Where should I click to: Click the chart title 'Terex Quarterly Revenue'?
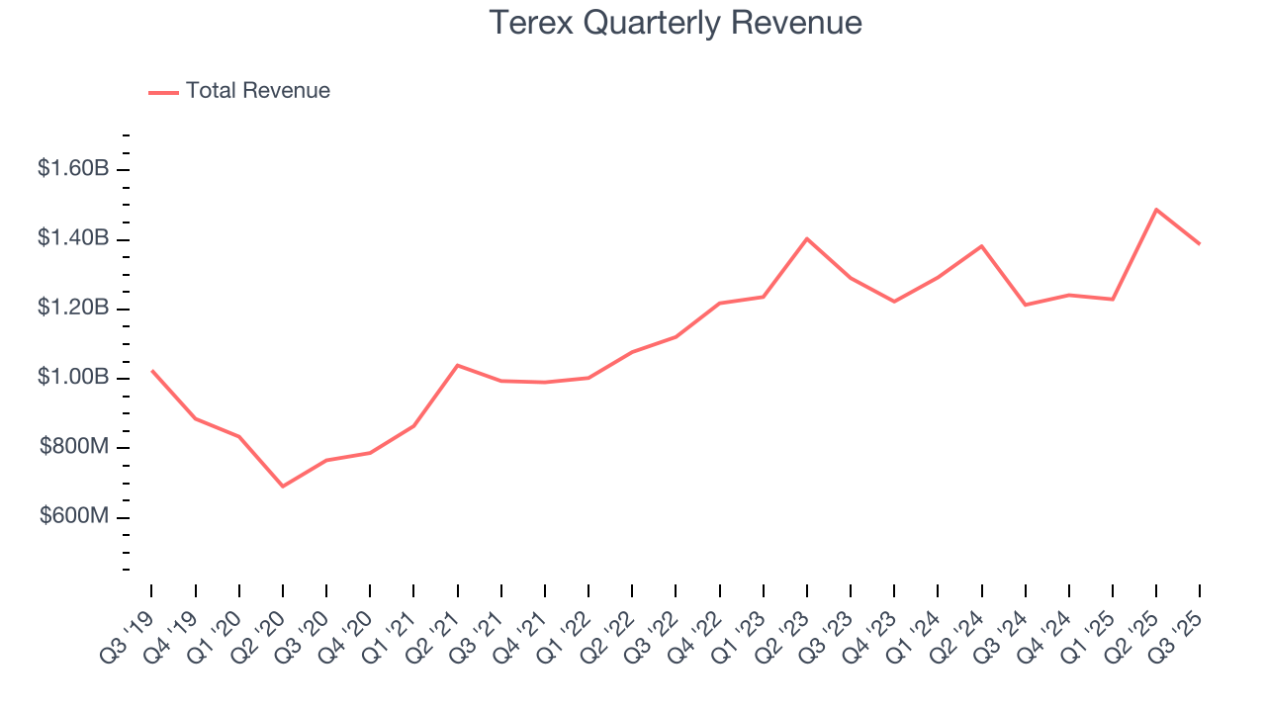[x=677, y=23]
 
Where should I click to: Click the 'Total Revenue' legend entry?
[x=239, y=91]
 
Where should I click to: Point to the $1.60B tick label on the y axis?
[x=73, y=169]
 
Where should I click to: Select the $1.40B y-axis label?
[x=73, y=238]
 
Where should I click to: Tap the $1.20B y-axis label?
[x=73, y=308]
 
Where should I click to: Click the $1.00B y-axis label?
[x=73, y=378]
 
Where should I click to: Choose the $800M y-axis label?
[x=74, y=447]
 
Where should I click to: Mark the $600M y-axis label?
[x=74, y=516]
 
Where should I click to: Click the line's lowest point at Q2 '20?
[x=283, y=487]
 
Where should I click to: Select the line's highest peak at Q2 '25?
[x=1156, y=210]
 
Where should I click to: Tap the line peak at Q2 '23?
[x=807, y=238]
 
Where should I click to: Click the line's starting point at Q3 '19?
[x=151, y=371]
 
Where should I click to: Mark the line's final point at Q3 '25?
[x=1200, y=243]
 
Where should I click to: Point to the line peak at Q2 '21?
[x=457, y=365]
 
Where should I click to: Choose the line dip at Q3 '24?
[x=1026, y=305]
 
